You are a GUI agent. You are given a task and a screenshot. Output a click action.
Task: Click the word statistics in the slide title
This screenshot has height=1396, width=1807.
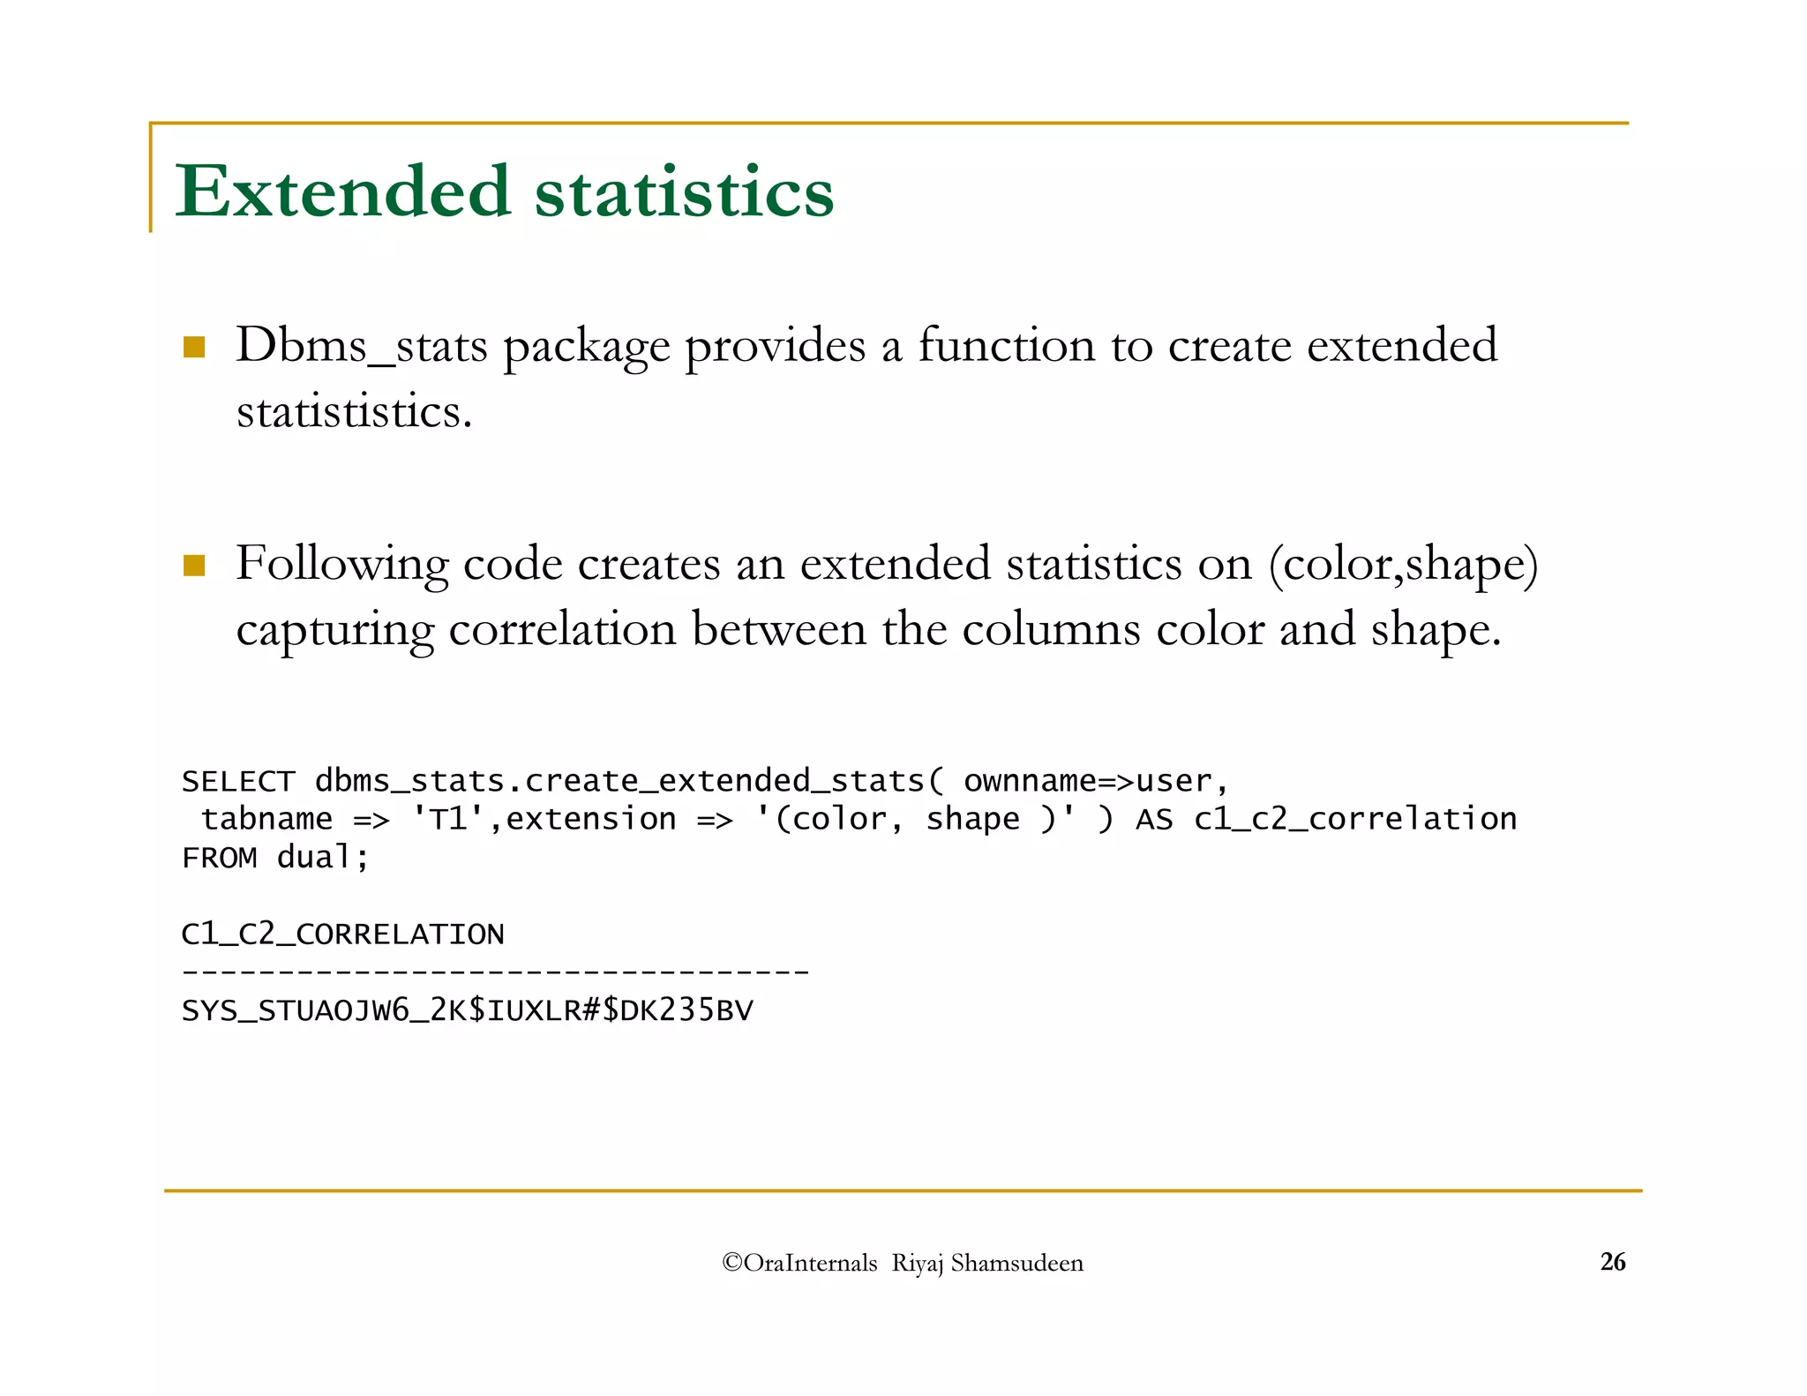684,192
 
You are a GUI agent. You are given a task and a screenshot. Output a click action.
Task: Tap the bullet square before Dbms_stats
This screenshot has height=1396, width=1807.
194,347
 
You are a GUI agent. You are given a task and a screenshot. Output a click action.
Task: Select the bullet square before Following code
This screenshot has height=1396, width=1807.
194,565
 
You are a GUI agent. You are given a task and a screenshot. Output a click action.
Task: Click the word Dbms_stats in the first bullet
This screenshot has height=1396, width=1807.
361,346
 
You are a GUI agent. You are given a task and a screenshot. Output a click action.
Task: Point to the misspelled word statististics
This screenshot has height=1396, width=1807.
354,412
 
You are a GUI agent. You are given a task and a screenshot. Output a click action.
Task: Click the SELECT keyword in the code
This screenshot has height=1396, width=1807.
237,782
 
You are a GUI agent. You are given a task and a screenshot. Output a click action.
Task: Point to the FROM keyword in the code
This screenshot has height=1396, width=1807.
219,858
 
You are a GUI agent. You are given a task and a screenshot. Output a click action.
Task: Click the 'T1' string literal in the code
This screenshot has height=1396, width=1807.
448,820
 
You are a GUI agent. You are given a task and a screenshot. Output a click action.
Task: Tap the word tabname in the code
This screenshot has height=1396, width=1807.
266,820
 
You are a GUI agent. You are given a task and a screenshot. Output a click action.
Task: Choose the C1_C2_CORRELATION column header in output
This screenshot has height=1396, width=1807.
342,934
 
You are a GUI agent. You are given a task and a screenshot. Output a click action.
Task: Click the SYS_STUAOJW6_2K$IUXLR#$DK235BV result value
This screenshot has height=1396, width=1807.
467,1010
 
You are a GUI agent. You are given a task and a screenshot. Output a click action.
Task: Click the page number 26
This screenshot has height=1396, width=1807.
1612,1262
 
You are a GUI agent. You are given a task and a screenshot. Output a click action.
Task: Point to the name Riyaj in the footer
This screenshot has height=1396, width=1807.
918,1264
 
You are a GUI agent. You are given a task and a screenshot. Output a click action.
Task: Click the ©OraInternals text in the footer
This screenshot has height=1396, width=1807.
799,1264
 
